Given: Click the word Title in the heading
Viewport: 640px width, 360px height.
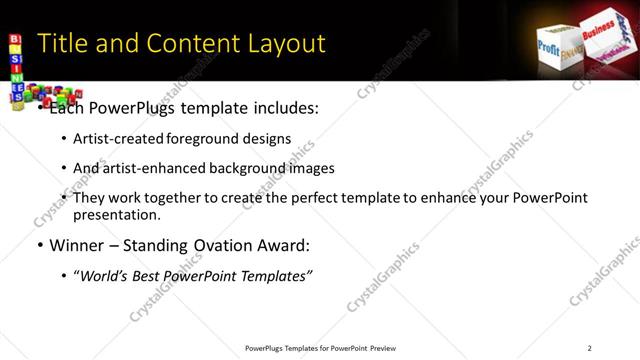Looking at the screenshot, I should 60,44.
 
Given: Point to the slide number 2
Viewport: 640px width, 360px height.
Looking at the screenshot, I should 590,347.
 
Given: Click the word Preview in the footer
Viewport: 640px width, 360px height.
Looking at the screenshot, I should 383,347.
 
